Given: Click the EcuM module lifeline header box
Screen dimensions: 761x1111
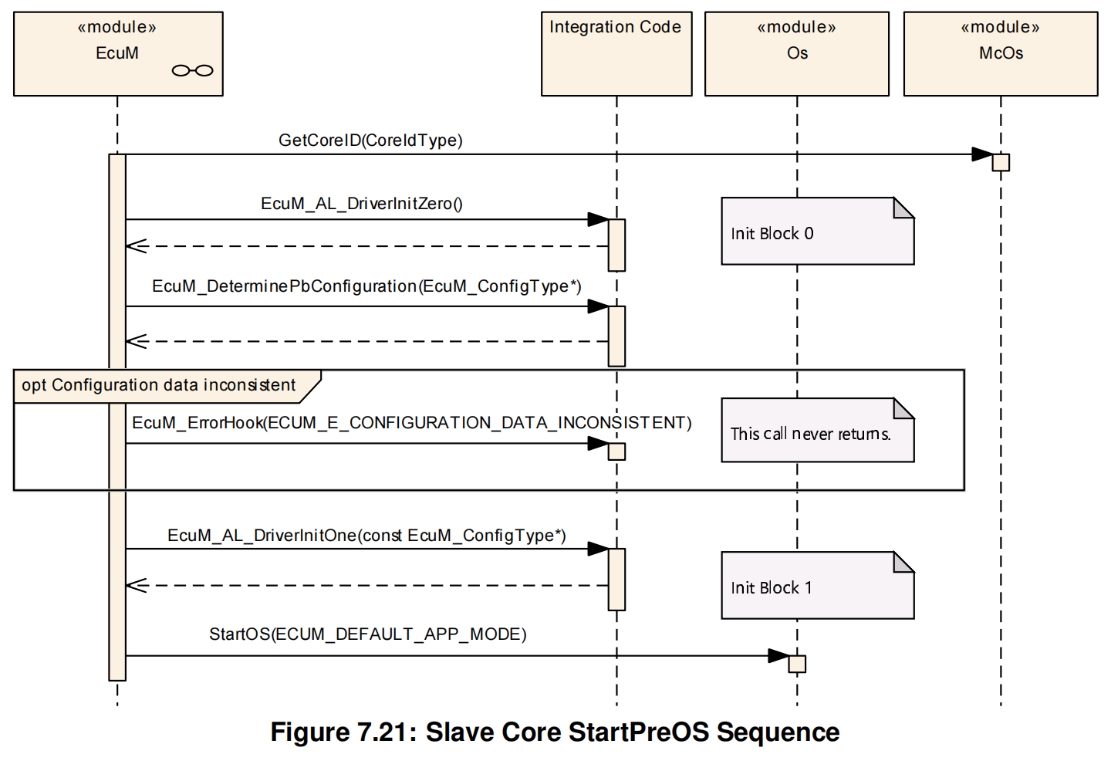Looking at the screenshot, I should point(118,53).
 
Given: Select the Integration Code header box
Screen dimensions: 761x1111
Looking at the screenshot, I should point(616,53).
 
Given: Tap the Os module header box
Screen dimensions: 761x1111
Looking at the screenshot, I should point(796,53).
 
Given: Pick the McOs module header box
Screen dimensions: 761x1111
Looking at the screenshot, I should point(1000,53).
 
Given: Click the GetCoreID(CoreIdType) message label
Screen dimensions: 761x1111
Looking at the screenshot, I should point(370,140).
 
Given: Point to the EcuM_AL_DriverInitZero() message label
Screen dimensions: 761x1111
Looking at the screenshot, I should point(361,204).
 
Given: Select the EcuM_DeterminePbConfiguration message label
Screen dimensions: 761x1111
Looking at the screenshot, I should point(366,286).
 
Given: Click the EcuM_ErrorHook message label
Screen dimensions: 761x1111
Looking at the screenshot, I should point(411,423).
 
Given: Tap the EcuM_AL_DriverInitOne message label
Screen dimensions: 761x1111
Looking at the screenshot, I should point(366,536).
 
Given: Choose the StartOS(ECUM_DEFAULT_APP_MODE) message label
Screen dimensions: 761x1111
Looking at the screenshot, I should point(367,634).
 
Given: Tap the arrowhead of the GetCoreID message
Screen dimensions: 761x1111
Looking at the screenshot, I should point(982,154).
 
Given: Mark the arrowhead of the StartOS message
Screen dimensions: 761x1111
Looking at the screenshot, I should point(778,656).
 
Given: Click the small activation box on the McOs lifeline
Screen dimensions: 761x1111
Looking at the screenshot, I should point(1001,162).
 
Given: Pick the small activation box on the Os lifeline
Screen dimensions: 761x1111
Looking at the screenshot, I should point(797,664).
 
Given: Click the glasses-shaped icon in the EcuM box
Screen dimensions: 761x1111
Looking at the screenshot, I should point(193,71).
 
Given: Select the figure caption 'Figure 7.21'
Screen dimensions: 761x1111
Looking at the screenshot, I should point(555,732).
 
